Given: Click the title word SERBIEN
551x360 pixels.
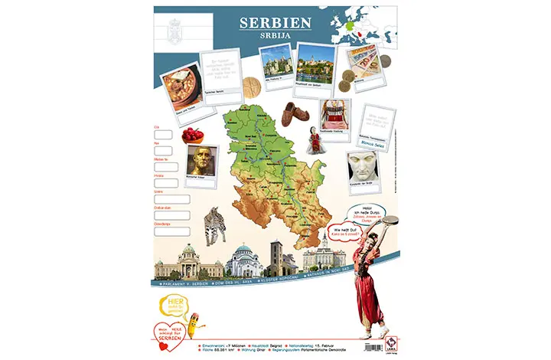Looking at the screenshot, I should pyautogui.click(x=275, y=22).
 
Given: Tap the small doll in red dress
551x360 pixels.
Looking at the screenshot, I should pyautogui.click(x=313, y=141).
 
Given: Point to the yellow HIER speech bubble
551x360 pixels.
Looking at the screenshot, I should pyautogui.click(x=173, y=305).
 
